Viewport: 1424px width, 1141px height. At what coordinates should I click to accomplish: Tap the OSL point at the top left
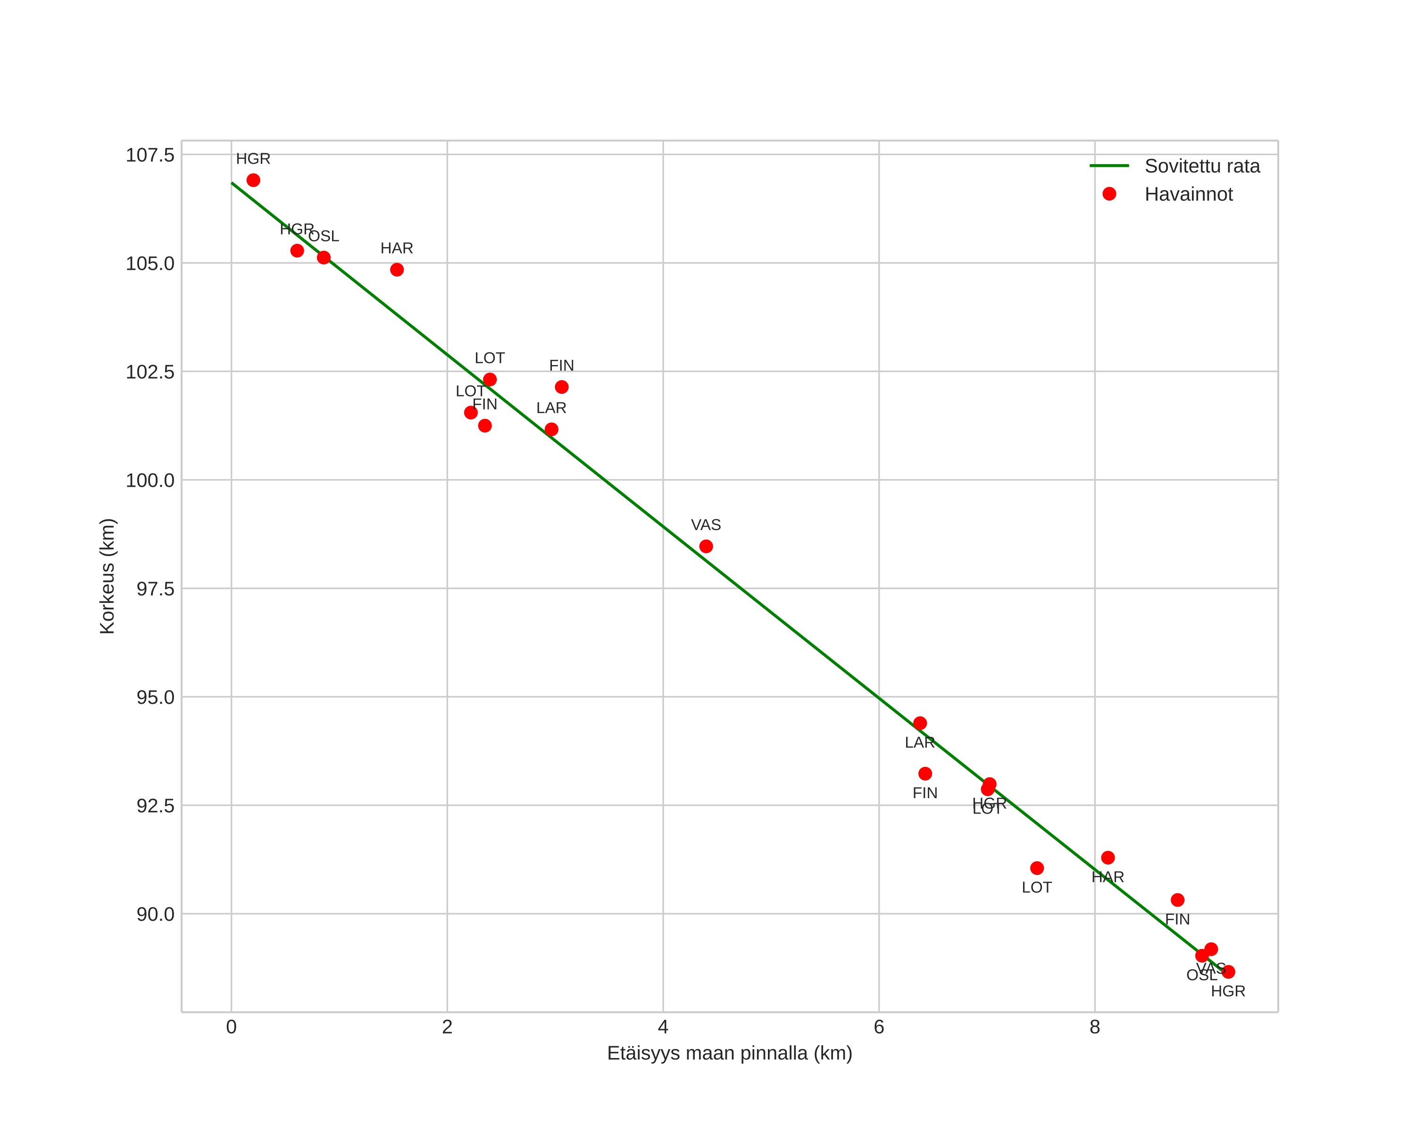click(x=324, y=258)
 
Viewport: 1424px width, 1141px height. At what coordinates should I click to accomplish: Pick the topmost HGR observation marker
click(x=253, y=180)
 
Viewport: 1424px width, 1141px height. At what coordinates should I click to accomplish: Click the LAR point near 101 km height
click(x=551, y=429)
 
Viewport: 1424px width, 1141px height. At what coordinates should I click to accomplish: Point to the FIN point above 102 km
click(x=561, y=387)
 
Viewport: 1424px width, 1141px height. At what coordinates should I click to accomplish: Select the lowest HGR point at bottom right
click(x=1228, y=971)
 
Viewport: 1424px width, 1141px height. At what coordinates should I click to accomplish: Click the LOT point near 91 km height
click(x=1037, y=867)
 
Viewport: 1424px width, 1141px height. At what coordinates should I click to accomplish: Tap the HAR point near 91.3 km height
click(x=1108, y=857)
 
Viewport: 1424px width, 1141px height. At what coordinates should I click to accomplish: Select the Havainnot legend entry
click(x=1188, y=194)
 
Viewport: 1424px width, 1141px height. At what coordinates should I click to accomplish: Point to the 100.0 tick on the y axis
click(x=150, y=480)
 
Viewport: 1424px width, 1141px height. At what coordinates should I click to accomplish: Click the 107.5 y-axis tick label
click(x=150, y=155)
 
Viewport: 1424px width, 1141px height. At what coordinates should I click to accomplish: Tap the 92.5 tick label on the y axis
click(x=155, y=806)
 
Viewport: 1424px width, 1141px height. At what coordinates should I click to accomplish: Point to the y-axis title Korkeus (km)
click(x=107, y=576)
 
